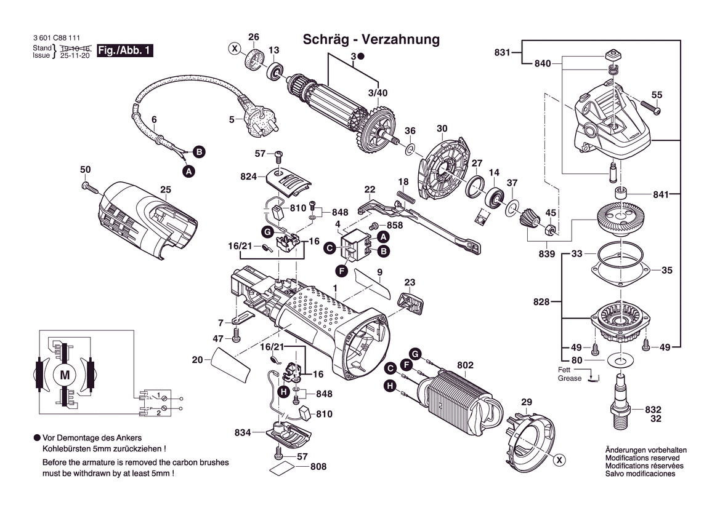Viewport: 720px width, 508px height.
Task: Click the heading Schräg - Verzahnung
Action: click(371, 40)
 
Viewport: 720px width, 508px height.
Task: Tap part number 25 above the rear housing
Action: click(165, 189)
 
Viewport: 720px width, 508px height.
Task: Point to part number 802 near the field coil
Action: click(466, 365)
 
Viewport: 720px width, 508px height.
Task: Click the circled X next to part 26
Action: click(234, 48)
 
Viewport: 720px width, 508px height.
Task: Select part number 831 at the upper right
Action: click(502, 53)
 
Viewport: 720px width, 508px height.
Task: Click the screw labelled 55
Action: click(653, 108)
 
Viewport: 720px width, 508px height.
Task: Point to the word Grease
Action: click(570, 378)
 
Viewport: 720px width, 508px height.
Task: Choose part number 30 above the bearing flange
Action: click(442, 129)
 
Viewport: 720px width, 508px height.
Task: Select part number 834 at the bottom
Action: click(243, 433)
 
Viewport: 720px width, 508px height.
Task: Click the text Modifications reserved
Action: click(642, 458)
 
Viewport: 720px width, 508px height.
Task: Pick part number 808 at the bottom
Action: click(318, 467)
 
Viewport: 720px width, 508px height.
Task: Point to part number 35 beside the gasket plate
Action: click(667, 270)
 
